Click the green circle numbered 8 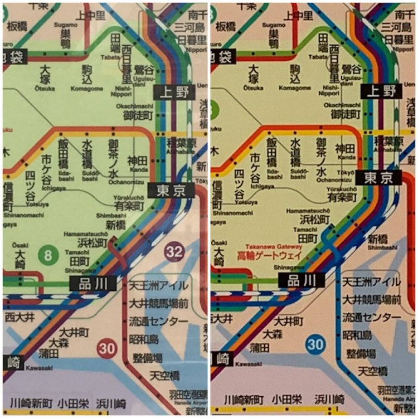pos(48,256)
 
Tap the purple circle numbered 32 pos(174,252)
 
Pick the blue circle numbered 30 pos(315,344)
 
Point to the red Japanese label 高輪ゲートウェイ pos(270,256)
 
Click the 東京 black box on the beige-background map pos(382,178)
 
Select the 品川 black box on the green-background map pos(93,283)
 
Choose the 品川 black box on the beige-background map pos(301,280)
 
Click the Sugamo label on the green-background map pos(65,26)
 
